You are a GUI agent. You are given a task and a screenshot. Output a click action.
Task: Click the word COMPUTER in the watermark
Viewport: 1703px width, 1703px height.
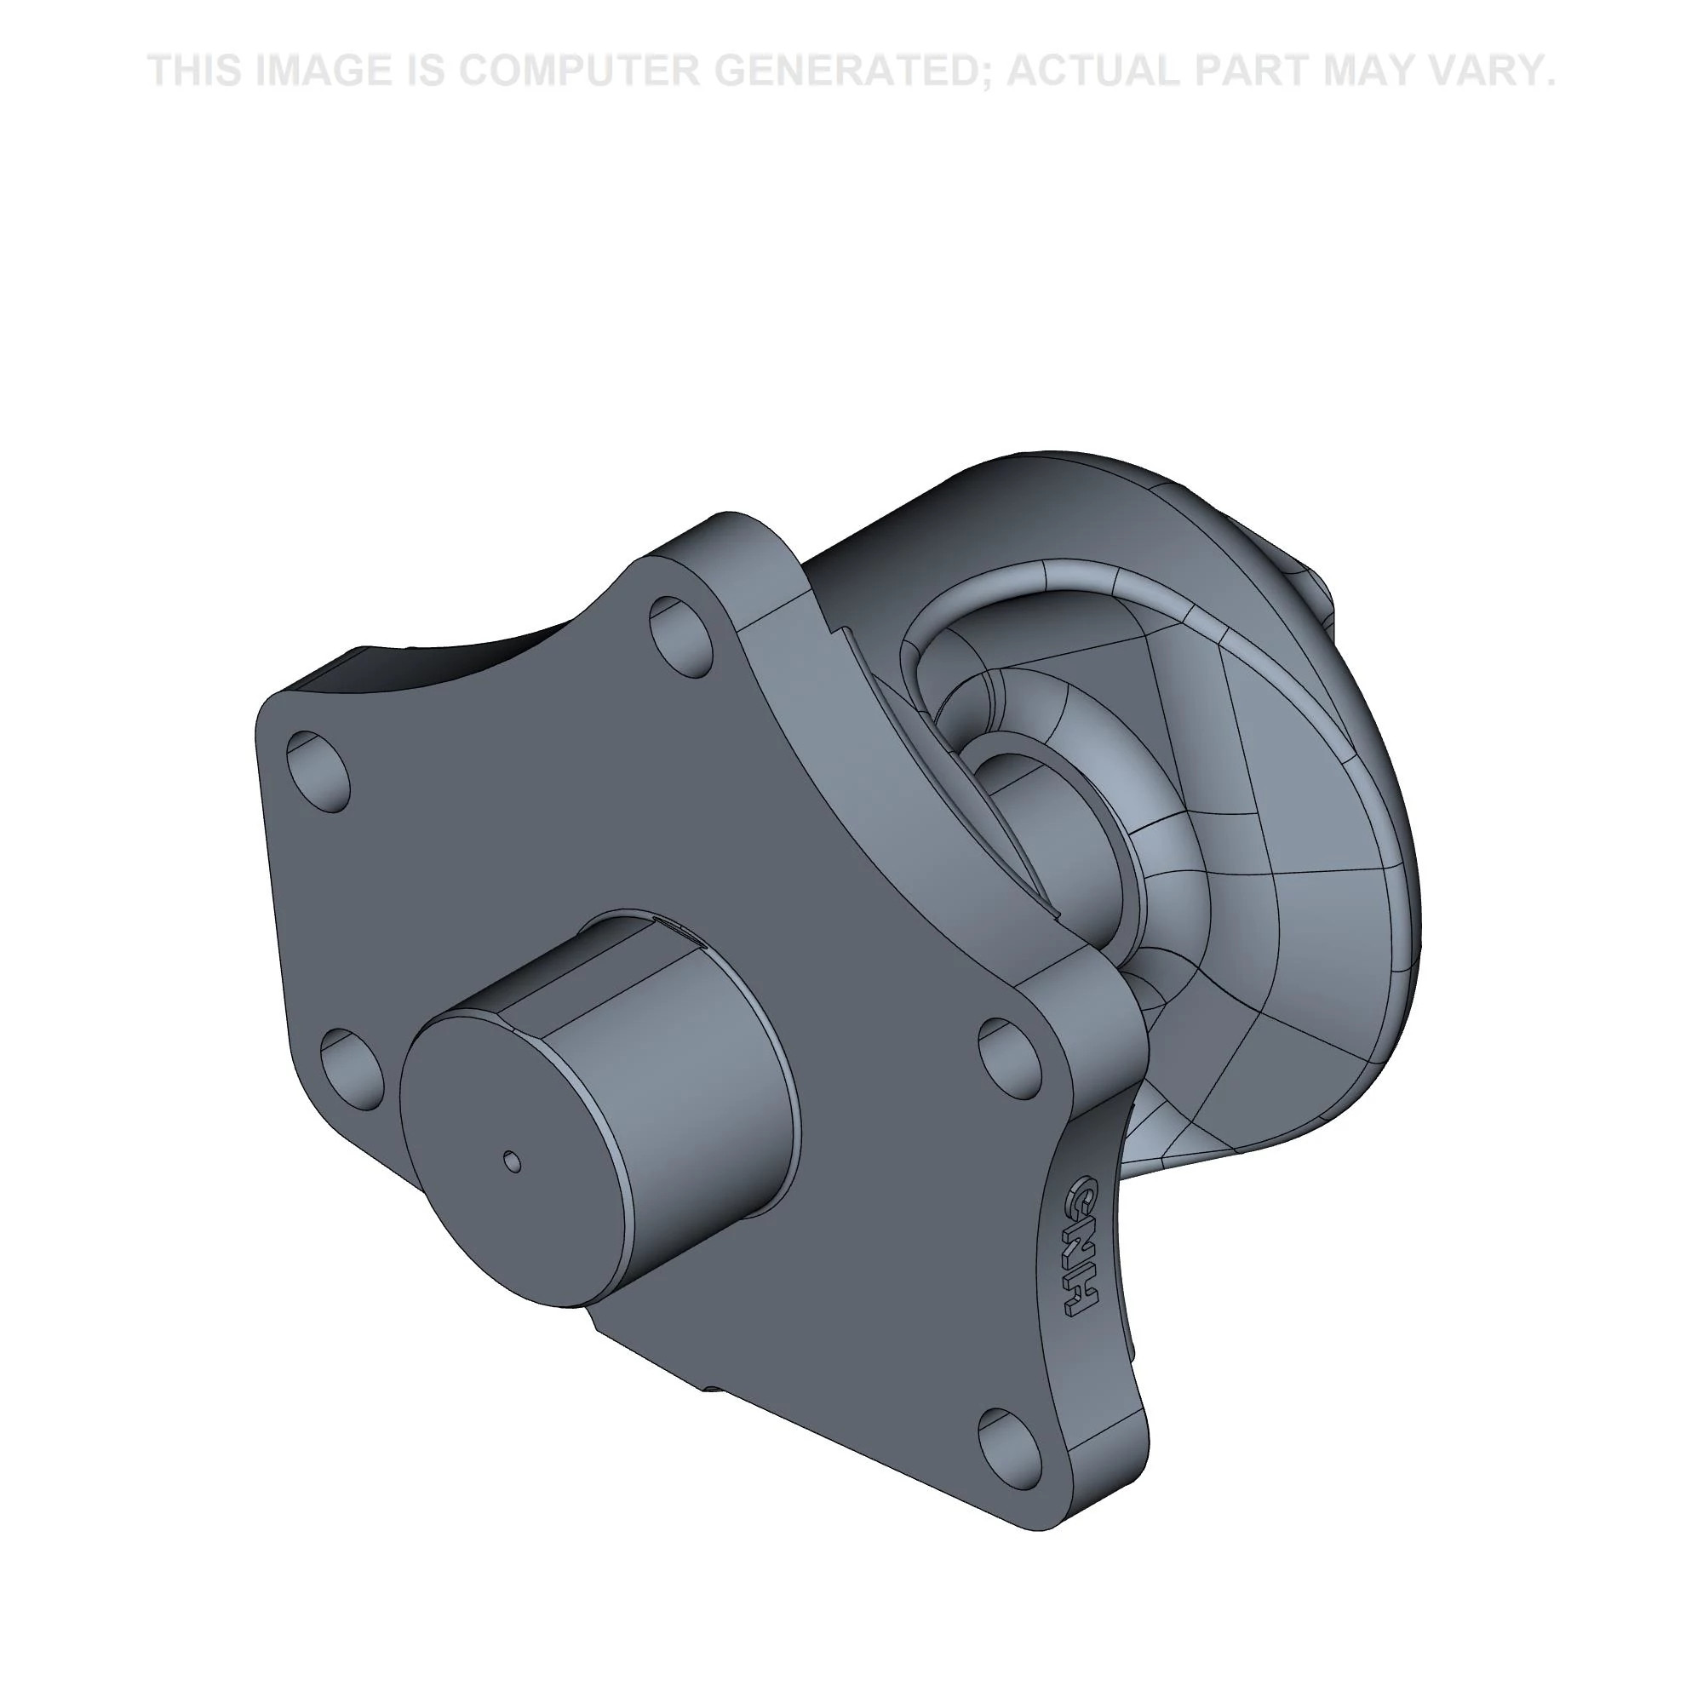click(x=576, y=71)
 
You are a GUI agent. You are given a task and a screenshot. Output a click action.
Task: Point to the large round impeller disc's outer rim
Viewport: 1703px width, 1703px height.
click(x=1375, y=749)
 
